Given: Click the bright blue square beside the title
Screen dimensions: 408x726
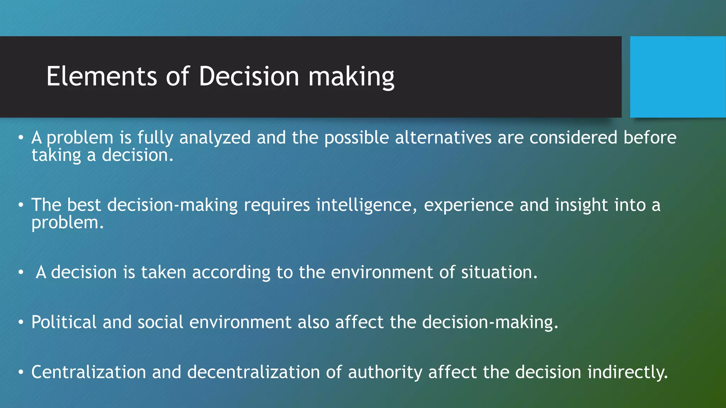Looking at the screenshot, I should click(x=678, y=77).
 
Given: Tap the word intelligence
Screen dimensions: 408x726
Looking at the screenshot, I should click(x=366, y=205).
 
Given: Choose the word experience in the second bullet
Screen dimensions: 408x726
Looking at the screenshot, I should click(x=469, y=205).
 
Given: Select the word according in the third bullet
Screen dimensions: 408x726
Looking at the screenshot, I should click(x=231, y=272).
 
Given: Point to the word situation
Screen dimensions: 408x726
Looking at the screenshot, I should click(x=499, y=272).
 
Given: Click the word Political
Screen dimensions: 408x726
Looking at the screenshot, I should click(x=64, y=322).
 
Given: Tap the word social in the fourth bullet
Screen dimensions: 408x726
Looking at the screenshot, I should click(x=160, y=322).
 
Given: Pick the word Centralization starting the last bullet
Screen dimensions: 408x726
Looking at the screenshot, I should click(x=89, y=372).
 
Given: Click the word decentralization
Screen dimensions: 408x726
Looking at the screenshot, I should click(x=253, y=372).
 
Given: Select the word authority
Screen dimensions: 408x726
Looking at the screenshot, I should click(x=385, y=372).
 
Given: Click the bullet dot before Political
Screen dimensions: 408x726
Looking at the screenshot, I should click(x=21, y=323).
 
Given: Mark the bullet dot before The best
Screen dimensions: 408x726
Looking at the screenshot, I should click(x=21, y=205).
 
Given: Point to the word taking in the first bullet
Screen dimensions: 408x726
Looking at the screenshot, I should click(x=56, y=155).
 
